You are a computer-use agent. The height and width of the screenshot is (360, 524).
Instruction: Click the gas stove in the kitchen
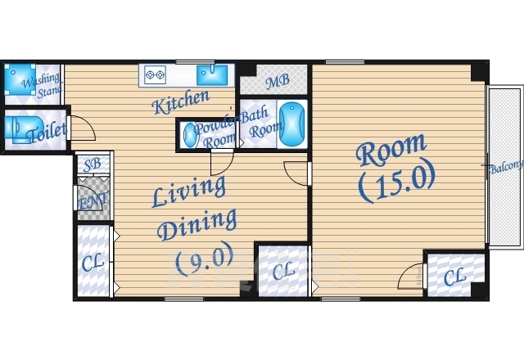pos(155,74)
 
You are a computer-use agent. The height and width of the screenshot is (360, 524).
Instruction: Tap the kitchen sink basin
pos(212,75)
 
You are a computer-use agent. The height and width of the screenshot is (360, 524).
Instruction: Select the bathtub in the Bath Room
pos(291,124)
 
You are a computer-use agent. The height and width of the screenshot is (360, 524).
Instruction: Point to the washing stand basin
pos(20,79)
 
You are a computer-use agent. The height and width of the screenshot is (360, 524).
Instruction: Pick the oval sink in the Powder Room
pos(190,135)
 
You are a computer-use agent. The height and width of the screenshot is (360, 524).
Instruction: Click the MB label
pos(278,81)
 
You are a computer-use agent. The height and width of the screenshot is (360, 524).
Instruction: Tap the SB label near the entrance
pos(93,164)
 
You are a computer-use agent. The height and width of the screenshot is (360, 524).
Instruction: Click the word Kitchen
pos(181,101)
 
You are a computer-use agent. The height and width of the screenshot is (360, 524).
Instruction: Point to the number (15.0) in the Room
pos(396,181)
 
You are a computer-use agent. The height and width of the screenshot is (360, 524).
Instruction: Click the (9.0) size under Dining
pos(205,259)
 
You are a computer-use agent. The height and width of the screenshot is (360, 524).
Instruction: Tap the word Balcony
pos(506,167)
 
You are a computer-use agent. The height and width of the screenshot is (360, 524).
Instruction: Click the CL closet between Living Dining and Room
pos(283,271)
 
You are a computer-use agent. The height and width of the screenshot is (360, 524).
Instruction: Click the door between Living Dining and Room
pos(296,173)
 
